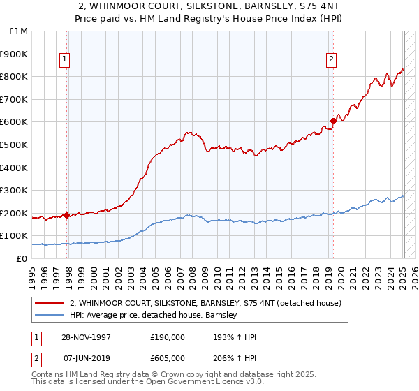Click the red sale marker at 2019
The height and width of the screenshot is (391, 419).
(333, 121)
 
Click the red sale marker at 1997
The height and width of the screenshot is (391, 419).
(67, 215)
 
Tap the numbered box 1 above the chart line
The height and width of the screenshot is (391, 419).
(64, 60)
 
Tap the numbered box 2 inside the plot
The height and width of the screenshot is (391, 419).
(331, 60)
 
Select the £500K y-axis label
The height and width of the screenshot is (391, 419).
(14, 145)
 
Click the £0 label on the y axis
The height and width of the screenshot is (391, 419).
(22, 259)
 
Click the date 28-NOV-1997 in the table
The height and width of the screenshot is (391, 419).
(86, 337)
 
